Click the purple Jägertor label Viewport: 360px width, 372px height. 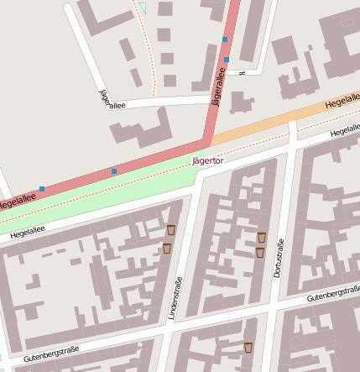coord(208,159)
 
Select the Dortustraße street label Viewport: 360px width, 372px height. coord(278,259)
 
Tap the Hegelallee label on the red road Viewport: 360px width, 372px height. coord(16,202)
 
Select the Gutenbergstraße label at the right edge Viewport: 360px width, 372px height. coord(334,295)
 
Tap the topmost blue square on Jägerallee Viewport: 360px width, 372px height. coord(225,39)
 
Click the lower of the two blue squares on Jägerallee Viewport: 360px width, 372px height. coord(227,60)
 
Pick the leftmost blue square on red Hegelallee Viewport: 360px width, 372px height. coord(42,189)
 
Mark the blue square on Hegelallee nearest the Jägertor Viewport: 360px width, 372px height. coord(114,171)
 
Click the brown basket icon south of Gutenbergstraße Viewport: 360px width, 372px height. coord(248,346)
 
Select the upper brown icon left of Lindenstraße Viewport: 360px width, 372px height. coord(171,228)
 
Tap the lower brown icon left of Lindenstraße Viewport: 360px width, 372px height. coord(166,247)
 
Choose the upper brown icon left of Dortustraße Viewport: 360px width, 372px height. coord(262,237)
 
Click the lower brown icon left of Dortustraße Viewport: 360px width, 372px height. coord(259,252)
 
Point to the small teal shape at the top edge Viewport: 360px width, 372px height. coord(143,7)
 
